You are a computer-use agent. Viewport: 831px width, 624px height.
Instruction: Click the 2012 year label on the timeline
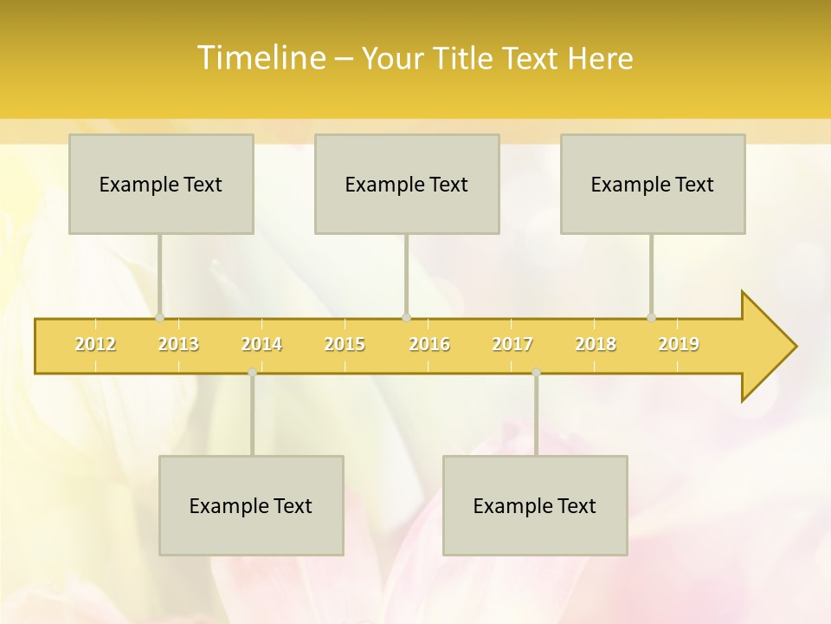point(95,344)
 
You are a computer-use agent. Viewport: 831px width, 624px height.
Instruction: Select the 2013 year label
point(178,344)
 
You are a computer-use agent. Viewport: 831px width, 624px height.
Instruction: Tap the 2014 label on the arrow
point(261,344)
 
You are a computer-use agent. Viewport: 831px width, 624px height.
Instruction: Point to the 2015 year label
point(345,344)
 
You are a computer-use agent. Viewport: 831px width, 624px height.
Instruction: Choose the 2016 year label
point(429,344)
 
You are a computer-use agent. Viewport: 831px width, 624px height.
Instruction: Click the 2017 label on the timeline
point(512,344)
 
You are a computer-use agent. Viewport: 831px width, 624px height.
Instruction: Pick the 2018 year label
point(596,344)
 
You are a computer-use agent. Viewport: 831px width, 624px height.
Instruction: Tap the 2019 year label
point(679,344)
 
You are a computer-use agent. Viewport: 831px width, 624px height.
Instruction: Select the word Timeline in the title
point(260,58)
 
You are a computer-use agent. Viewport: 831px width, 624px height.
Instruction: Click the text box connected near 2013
point(161,184)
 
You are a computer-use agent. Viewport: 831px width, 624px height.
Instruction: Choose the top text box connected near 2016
point(407,184)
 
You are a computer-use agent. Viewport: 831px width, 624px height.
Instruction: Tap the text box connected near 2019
point(653,184)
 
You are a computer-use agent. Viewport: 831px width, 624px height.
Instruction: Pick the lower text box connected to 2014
point(251,505)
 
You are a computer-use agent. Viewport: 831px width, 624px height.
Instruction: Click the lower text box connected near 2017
point(535,505)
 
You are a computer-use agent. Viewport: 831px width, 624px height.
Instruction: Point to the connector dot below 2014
point(252,372)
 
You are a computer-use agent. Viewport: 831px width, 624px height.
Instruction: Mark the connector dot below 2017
point(536,372)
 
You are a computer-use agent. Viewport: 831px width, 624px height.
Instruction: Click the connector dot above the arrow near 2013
point(159,317)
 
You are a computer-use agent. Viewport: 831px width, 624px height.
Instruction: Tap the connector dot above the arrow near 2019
point(651,317)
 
